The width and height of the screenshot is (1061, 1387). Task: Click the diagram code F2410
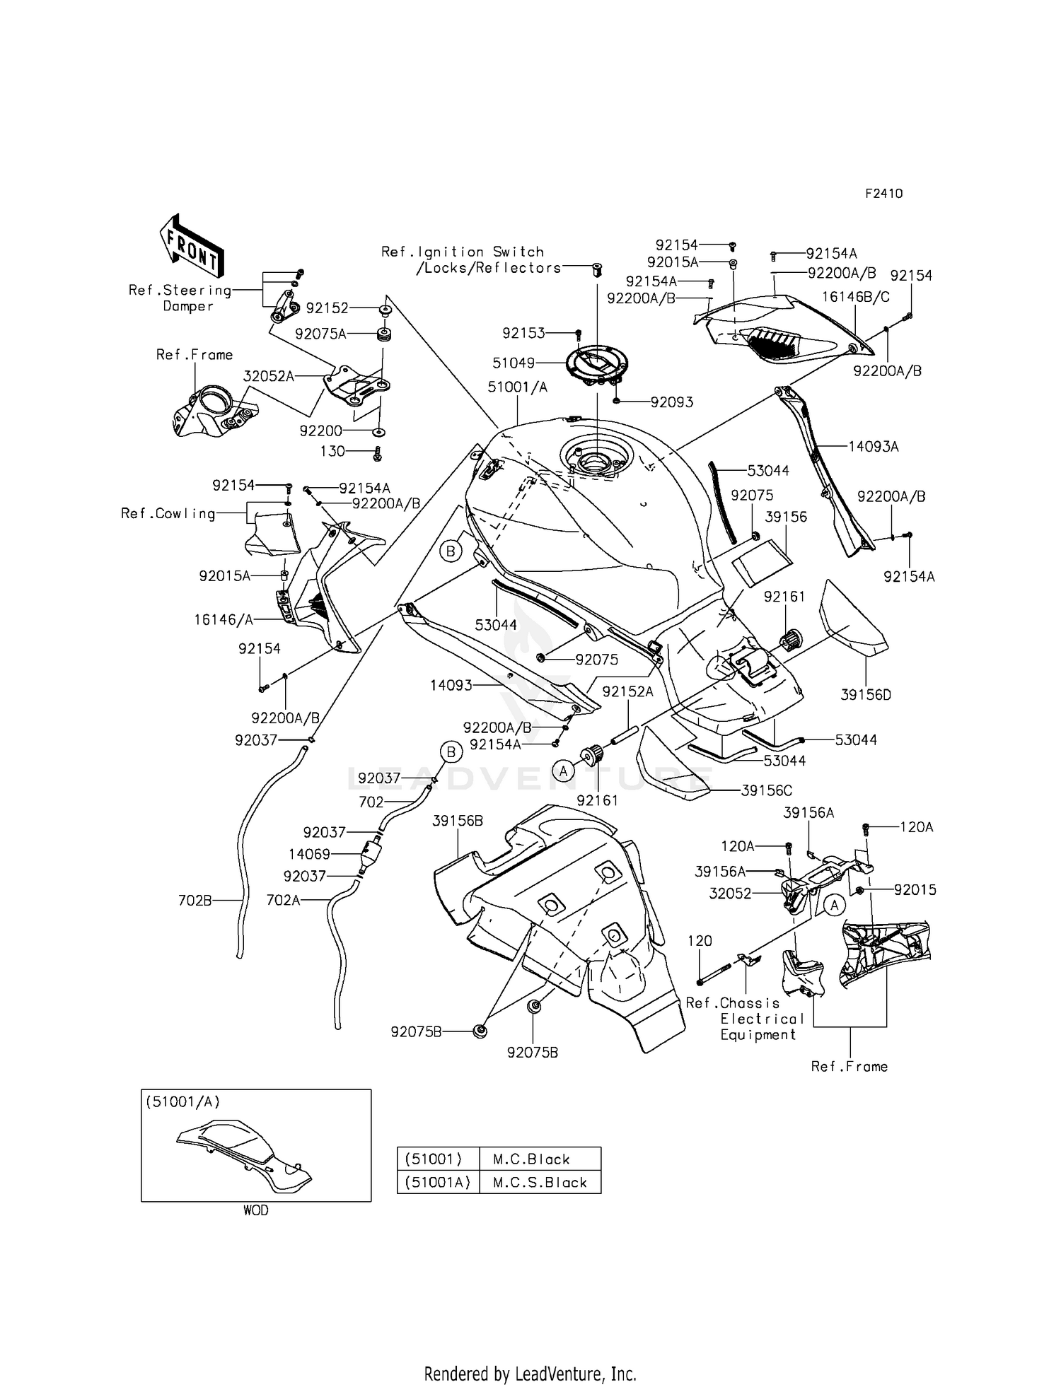coord(883,194)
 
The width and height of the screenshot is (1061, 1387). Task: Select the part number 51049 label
coord(514,363)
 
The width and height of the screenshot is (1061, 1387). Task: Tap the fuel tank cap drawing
coord(591,362)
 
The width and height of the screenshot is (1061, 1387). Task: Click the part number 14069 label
coord(309,855)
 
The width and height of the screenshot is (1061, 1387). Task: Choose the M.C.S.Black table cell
coord(540,1182)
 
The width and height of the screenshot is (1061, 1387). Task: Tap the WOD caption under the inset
coord(256,1210)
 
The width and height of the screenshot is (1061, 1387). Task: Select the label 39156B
coord(458,821)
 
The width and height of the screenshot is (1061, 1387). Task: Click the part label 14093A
coord(874,447)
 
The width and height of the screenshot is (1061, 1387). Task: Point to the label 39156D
coord(866,695)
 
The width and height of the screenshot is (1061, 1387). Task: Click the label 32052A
coord(268,377)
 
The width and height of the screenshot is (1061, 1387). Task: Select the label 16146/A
coord(224,620)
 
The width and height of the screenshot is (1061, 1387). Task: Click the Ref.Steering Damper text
coord(180,298)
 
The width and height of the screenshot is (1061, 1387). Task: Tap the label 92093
coord(672,402)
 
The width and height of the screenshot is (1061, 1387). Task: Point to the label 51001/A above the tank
coord(517,387)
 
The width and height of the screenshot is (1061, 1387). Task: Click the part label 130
coord(332,451)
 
